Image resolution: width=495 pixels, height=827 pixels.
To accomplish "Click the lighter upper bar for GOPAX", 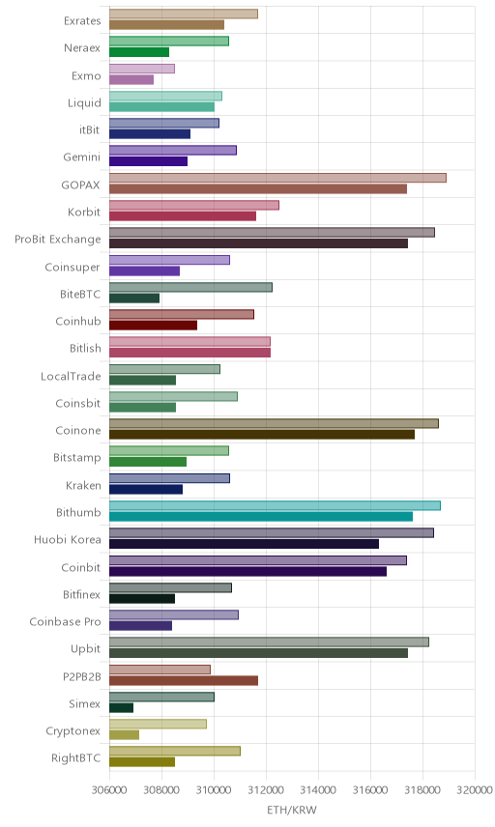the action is [277, 178].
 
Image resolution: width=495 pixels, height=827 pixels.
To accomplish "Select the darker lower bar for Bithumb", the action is [261, 516].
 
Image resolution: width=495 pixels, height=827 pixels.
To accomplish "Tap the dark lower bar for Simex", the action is [122, 708].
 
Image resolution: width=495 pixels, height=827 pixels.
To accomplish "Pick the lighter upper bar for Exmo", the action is [142, 69].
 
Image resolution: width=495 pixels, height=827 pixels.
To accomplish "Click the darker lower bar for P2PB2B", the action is [184, 680].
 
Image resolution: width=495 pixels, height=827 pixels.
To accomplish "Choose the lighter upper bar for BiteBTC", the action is [190, 287].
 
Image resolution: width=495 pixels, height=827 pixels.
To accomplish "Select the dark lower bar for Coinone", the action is [262, 435].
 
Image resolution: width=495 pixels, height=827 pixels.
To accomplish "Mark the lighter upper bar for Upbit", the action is [269, 642].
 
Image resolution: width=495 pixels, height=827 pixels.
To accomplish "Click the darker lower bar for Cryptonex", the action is [124, 734].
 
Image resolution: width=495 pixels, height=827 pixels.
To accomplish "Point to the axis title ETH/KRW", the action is [292, 811].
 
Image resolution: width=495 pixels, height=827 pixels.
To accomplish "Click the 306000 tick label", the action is [109, 790].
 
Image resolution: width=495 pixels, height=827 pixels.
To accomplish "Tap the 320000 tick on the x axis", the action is [475, 790].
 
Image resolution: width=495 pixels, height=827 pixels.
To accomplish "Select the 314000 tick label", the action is [318, 790].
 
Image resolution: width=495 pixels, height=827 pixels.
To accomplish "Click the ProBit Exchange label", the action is [57, 239].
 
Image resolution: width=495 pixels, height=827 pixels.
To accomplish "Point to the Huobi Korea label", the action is [67, 539].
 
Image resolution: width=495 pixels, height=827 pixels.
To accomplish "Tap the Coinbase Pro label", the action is [65, 621].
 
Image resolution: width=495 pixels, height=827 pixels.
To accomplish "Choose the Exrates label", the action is [82, 20].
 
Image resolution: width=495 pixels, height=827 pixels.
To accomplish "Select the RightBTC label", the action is [75, 757].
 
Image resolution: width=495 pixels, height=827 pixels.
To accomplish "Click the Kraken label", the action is [83, 485].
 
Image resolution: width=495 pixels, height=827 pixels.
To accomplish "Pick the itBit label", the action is [89, 129].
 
